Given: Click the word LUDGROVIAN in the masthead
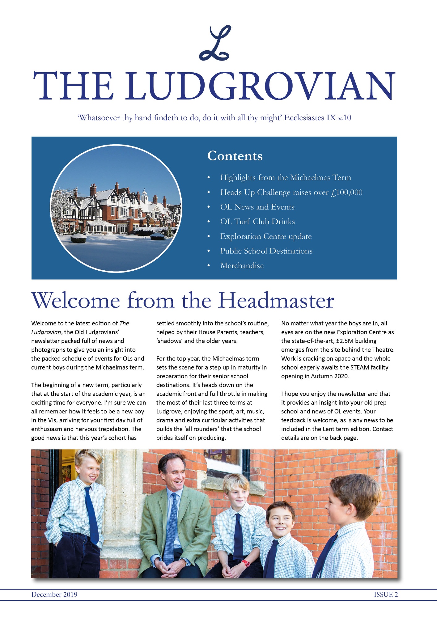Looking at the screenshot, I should coord(260,86).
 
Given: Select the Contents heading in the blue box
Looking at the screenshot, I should coord(235,156).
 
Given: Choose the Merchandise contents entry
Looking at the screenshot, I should coord(242,266).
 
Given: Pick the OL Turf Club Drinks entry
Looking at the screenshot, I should coord(257,222).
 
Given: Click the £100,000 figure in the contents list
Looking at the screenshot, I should coord(346,193).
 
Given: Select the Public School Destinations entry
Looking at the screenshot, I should coord(266,251).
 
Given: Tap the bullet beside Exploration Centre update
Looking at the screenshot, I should coord(209,236).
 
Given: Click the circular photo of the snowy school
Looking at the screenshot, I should coord(116,208).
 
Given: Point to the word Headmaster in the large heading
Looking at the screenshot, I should coord(276,300).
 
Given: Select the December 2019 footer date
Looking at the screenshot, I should coord(54,595).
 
